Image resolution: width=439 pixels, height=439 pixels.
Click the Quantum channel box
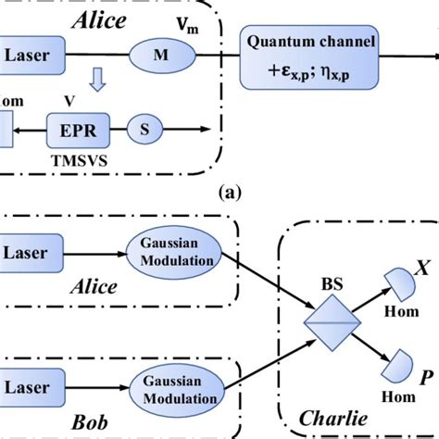click(309, 58)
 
